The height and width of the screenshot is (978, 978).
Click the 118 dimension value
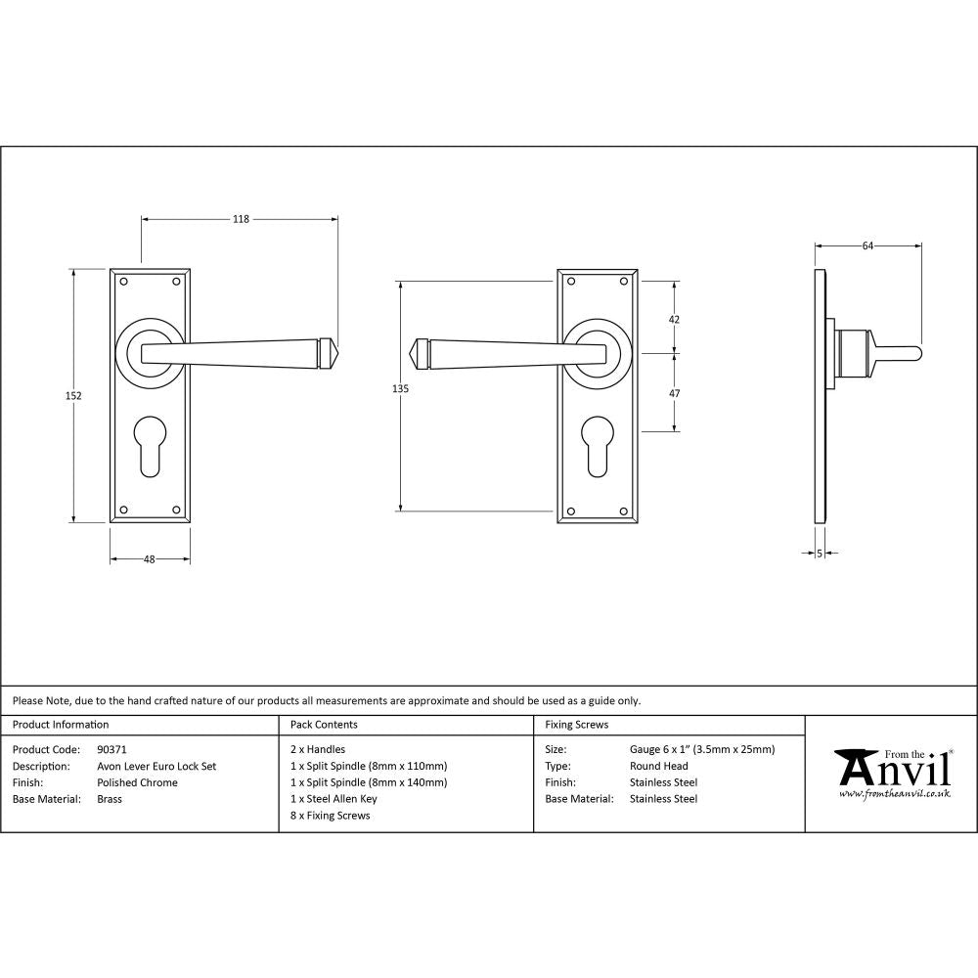click(x=241, y=219)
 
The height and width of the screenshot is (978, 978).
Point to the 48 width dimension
click(x=150, y=559)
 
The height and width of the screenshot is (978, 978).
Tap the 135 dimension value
click(x=399, y=388)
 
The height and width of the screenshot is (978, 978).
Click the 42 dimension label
click(x=673, y=320)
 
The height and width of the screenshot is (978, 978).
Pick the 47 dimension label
click(x=673, y=393)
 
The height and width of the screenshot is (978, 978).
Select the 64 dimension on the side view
click(x=867, y=246)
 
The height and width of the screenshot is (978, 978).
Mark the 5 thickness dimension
click(x=819, y=554)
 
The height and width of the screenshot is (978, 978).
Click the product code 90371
click(x=112, y=750)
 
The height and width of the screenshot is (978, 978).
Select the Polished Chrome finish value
click(x=137, y=782)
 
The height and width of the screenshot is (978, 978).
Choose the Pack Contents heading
click(x=324, y=725)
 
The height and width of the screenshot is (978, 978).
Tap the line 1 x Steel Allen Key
click(x=333, y=799)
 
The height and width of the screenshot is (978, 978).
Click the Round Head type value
click(x=658, y=767)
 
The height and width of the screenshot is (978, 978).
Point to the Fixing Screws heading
click(x=576, y=725)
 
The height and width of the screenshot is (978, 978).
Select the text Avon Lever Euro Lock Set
click(x=156, y=767)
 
